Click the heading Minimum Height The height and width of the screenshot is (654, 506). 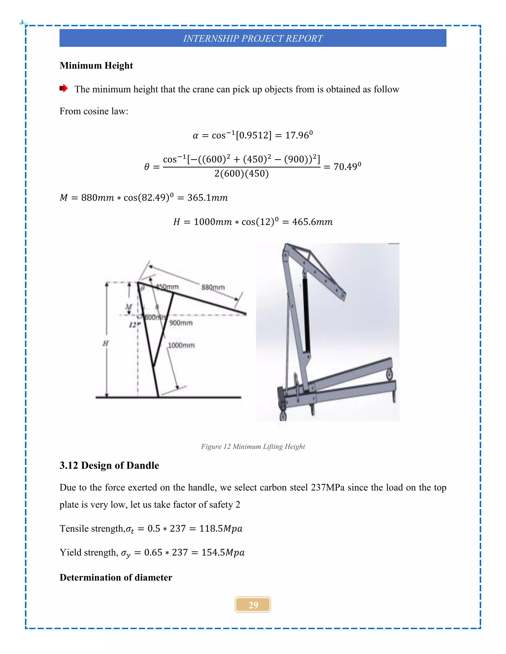[96, 65]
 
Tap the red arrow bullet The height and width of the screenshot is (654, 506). [63, 88]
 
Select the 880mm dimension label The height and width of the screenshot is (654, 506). [213, 288]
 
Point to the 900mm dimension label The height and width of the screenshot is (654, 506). [181, 323]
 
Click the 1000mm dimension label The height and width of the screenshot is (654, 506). [181, 345]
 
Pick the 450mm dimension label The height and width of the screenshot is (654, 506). [167, 287]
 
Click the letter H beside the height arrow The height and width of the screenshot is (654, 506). [105, 343]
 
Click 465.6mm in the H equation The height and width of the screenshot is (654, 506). [312, 222]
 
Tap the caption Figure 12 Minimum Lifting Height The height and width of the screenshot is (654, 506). [253, 446]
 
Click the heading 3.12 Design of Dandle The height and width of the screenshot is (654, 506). [109, 465]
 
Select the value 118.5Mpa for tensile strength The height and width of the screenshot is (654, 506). [221, 529]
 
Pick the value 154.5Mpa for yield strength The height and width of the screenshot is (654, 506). [223, 553]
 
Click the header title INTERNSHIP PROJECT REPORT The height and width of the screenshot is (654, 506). [253, 38]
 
